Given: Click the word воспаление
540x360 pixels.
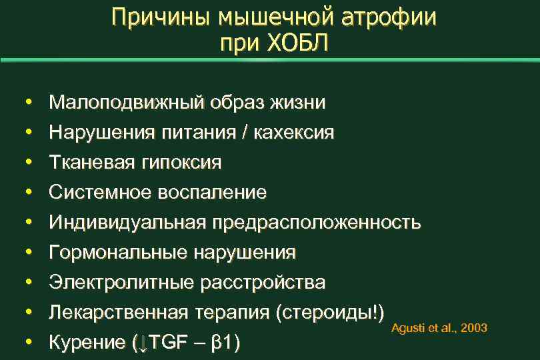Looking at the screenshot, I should pos(213,193).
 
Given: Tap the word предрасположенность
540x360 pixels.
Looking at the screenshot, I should pos(317,223).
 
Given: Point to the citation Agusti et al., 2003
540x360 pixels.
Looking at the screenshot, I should pos(439,328).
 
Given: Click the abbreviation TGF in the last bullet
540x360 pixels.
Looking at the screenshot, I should pos(166,343).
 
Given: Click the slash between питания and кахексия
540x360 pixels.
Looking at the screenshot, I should pos(248,133).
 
